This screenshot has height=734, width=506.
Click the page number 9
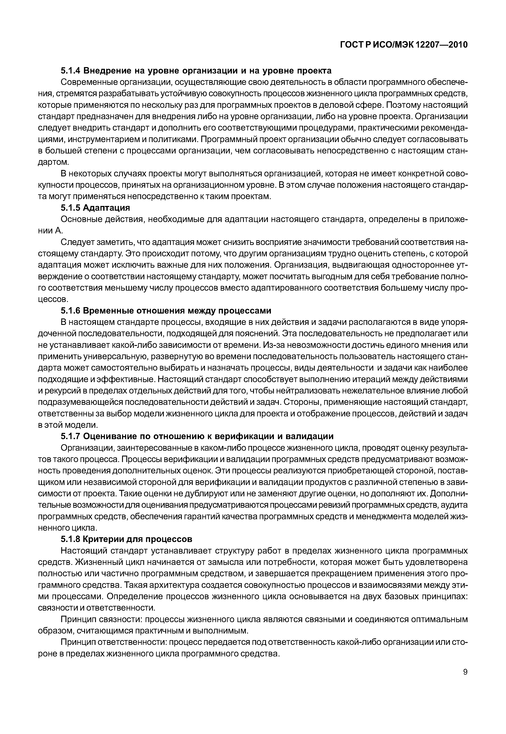point(465,681)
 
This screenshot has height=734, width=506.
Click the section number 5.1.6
point(71,310)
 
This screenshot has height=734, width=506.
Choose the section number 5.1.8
point(71,539)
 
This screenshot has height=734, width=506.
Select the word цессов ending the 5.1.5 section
point(53,299)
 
